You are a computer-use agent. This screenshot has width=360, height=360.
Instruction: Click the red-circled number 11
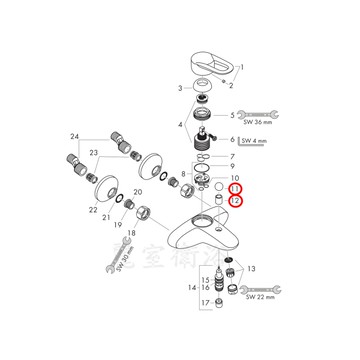pos(234,187)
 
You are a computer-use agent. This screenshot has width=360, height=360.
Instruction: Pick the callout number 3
pos(180,89)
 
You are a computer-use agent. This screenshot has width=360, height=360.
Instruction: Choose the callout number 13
pos(250,269)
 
